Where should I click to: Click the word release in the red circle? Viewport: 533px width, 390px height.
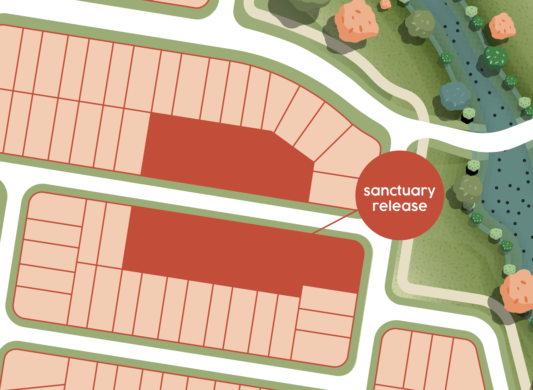click(x=399, y=206)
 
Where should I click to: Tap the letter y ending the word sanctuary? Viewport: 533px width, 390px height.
click(x=431, y=192)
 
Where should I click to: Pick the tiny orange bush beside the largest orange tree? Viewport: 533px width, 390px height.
click(x=385, y=4)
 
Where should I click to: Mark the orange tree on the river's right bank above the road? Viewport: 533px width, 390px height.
click(x=502, y=26)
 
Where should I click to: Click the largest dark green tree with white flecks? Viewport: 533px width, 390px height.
click(x=495, y=57)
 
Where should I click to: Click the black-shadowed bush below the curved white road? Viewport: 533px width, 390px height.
click(x=473, y=168)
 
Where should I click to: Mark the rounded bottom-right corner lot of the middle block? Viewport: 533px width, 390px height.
click(x=321, y=348)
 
